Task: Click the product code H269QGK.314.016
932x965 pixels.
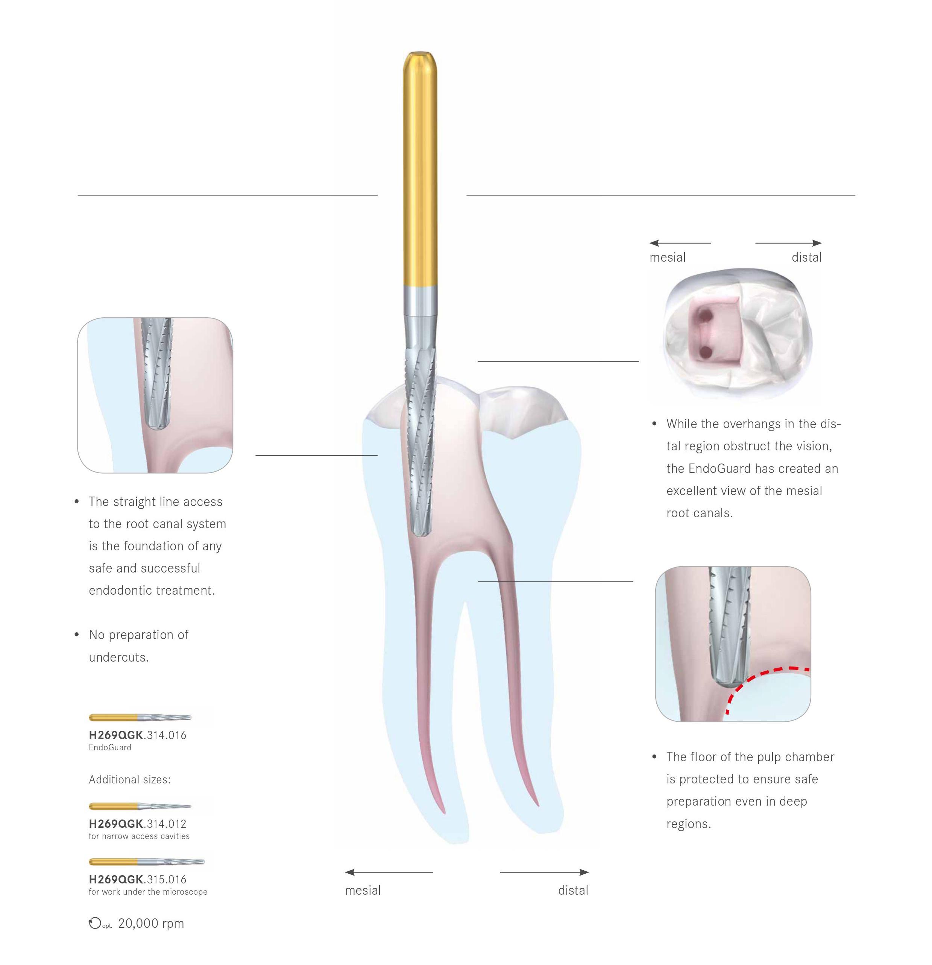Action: [137, 735]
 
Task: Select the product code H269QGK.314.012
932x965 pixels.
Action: [137, 824]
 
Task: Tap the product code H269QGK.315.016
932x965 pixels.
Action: [137, 879]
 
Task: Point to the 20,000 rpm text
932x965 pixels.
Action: [151, 924]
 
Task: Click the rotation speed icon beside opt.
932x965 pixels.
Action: [94, 924]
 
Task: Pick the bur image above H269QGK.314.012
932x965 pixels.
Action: [140, 806]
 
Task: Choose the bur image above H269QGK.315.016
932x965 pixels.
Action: [146, 862]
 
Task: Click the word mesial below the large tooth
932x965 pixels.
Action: [363, 891]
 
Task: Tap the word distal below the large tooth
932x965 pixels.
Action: [573, 891]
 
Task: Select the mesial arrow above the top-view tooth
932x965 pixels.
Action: [679, 243]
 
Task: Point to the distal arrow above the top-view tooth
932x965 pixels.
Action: [788, 243]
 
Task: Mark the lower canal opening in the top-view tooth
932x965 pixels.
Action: [706, 351]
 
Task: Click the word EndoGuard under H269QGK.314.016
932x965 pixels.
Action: [110, 747]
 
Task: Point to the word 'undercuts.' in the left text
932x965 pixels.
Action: [119, 657]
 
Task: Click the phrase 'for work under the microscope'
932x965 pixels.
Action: [148, 892]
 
